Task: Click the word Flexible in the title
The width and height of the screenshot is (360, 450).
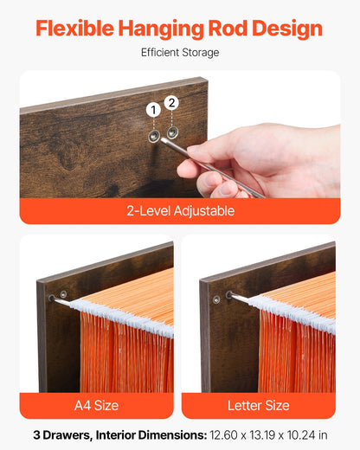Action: coord(74,29)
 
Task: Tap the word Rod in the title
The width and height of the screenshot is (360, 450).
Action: coord(228,29)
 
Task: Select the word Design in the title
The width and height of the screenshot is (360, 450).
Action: coord(287,29)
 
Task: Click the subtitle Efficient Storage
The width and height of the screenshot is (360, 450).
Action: coord(180,53)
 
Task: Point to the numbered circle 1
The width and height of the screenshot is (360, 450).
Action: coord(153,110)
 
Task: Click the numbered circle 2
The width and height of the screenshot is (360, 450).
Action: coord(171,103)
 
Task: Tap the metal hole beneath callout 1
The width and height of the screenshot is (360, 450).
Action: coord(154,135)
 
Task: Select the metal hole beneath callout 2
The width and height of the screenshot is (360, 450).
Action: coord(172,132)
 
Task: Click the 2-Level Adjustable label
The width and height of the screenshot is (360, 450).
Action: coord(180,211)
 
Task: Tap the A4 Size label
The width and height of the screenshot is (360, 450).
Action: coord(96,405)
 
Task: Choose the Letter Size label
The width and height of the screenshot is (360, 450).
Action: coord(259,405)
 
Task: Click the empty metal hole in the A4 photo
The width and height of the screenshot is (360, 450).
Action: coord(63,294)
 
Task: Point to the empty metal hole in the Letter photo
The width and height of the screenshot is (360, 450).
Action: coord(216,299)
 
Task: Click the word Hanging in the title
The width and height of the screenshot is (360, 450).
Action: coord(161,29)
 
